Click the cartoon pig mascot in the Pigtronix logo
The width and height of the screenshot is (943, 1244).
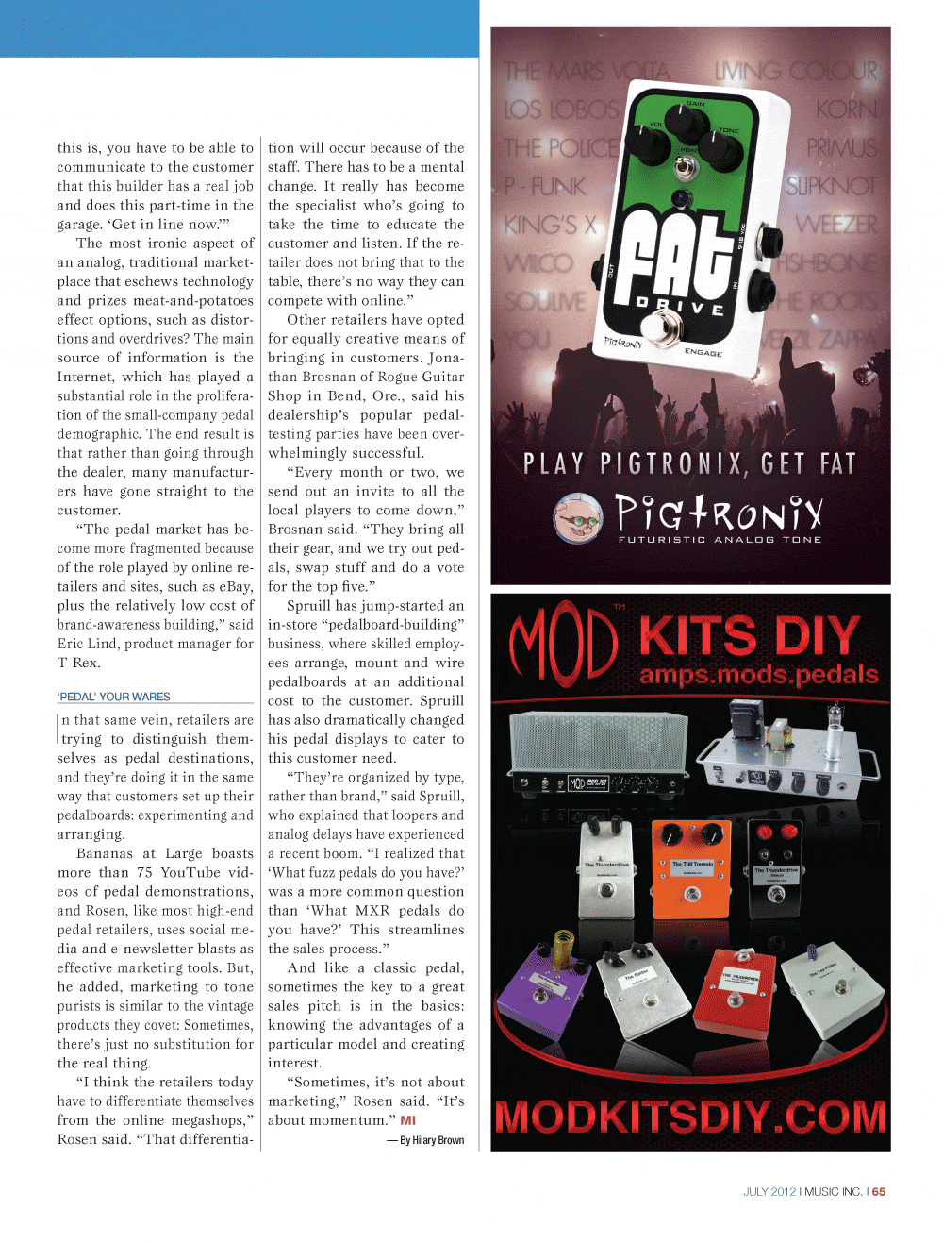click(x=578, y=517)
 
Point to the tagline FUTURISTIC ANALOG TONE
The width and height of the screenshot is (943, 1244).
click(x=720, y=540)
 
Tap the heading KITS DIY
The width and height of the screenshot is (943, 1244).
click(x=750, y=636)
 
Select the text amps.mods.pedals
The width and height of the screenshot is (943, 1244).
click(x=759, y=675)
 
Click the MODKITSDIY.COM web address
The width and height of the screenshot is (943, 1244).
click(x=690, y=1117)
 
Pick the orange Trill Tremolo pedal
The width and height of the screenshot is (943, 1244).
click(x=691, y=868)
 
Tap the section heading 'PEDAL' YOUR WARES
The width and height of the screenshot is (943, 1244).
click(x=114, y=697)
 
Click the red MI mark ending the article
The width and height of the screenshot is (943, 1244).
click(x=408, y=1120)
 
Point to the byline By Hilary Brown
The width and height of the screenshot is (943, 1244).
click(x=431, y=1140)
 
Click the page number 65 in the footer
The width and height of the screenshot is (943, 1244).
click(x=879, y=1192)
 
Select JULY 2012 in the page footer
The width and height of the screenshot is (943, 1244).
click(x=769, y=1192)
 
